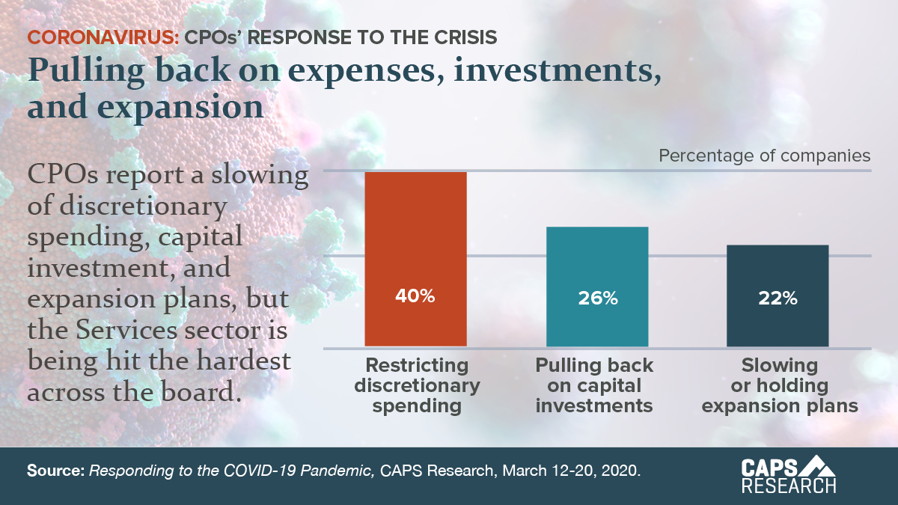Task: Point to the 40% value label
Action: coord(415,296)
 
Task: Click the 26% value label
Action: coord(597,298)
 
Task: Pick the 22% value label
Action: coord(778,298)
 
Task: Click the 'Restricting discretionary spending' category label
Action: coord(417,386)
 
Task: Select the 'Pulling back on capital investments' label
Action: coord(595,386)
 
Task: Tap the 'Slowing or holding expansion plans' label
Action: coord(779,386)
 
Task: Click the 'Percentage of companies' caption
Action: coord(765,156)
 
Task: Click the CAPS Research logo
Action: coord(788,476)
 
